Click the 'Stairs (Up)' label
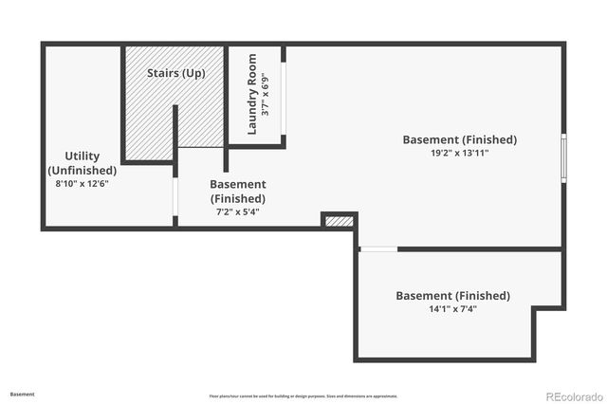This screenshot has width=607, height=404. (x=176, y=73)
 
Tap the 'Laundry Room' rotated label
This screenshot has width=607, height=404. (x=253, y=94)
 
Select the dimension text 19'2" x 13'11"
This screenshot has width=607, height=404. (x=460, y=154)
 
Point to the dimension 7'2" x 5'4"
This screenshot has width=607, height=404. (x=237, y=212)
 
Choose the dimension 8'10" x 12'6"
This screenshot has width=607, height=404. (x=83, y=184)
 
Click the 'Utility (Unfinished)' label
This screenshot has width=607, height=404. (x=83, y=163)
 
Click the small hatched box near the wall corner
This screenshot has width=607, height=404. (x=339, y=221)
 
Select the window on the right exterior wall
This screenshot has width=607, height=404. (x=563, y=157)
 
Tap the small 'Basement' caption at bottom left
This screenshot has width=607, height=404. (x=23, y=393)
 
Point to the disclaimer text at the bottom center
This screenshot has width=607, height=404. (x=303, y=395)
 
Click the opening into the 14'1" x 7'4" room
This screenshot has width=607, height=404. (x=378, y=249)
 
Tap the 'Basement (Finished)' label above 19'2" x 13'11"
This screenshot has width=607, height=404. (x=460, y=139)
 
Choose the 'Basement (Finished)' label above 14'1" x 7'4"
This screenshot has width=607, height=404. (x=452, y=296)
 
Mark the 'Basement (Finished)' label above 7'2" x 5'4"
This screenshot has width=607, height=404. (x=237, y=192)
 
